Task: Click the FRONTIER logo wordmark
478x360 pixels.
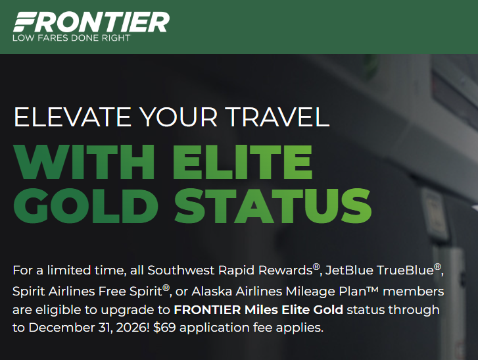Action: pos(91,22)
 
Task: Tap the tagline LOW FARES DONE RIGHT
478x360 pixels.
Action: pos(71,38)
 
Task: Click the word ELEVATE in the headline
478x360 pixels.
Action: pos(72,116)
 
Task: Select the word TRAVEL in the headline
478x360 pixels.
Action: pos(277,116)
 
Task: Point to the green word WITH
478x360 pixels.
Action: pos(84,162)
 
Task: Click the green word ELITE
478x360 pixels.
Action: pos(243,162)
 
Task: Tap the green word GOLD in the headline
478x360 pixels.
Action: pos(85,205)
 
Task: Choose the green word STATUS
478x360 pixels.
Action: pos(273,205)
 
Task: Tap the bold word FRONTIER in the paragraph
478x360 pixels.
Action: pos(207,310)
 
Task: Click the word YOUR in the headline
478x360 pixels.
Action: pos(178,116)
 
